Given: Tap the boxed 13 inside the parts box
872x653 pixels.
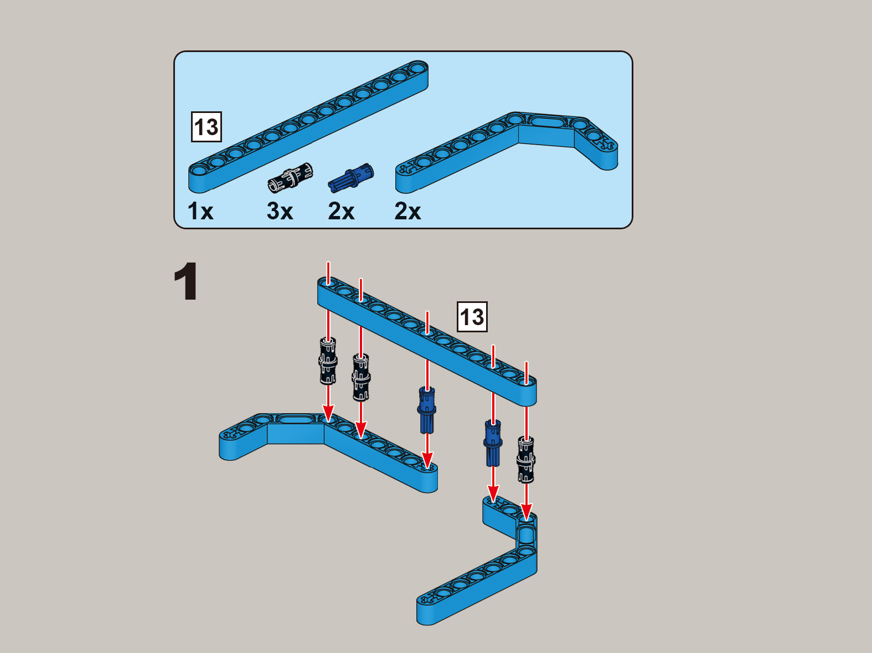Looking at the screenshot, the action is click(206, 127).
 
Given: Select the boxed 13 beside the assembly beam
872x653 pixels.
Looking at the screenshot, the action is click(472, 317).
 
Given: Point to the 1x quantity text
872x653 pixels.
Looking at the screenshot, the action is click(200, 210).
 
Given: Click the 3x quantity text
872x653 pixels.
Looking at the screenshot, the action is click(280, 210).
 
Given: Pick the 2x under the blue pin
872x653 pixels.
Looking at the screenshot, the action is click(341, 210).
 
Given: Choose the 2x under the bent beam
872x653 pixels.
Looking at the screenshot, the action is click(407, 210).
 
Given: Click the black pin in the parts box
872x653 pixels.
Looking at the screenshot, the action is click(290, 178).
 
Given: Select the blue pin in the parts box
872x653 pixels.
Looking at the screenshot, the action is click(351, 178).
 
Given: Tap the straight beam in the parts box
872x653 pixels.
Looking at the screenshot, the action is click(308, 126).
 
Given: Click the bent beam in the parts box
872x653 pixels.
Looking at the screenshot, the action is click(507, 153).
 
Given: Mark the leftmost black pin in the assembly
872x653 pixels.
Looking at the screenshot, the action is click(328, 361).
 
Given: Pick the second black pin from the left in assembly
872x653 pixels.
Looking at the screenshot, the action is click(361, 378).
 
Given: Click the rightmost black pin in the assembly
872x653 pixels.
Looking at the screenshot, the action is click(526, 460).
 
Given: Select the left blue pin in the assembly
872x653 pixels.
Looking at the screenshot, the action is click(427, 410).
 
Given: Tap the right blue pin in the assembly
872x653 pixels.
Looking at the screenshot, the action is click(493, 443).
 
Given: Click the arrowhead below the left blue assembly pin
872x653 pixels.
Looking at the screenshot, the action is click(427, 461).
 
